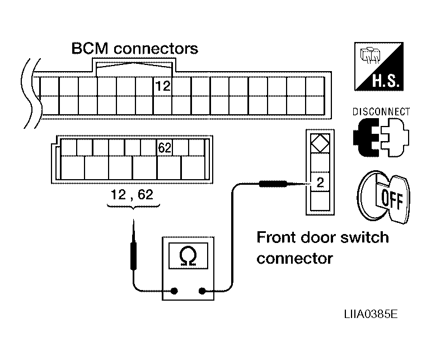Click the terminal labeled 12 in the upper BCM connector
pyautogui.click(x=163, y=86)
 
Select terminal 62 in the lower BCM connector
pyautogui.click(x=165, y=148)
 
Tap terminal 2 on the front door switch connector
pyautogui.click(x=320, y=182)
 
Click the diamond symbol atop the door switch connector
pyautogui.click(x=320, y=143)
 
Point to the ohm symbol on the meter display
pyautogui.click(x=188, y=255)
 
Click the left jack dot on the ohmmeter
pyautogui.click(x=174, y=291)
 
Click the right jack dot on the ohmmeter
pyautogui.click(x=202, y=291)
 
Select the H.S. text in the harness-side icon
pyautogui.click(x=386, y=81)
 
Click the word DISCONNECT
pyautogui.click(x=381, y=111)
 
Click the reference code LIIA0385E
pyautogui.click(x=371, y=314)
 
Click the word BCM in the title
pyautogui.click(x=90, y=48)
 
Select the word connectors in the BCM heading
pyautogui.click(x=156, y=49)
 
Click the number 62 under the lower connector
pyautogui.click(x=145, y=194)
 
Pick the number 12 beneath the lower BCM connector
pyautogui.click(x=118, y=194)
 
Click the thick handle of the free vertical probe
pyautogui.click(x=134, y=256)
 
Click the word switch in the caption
pyautogui.click(x=364, y=237)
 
